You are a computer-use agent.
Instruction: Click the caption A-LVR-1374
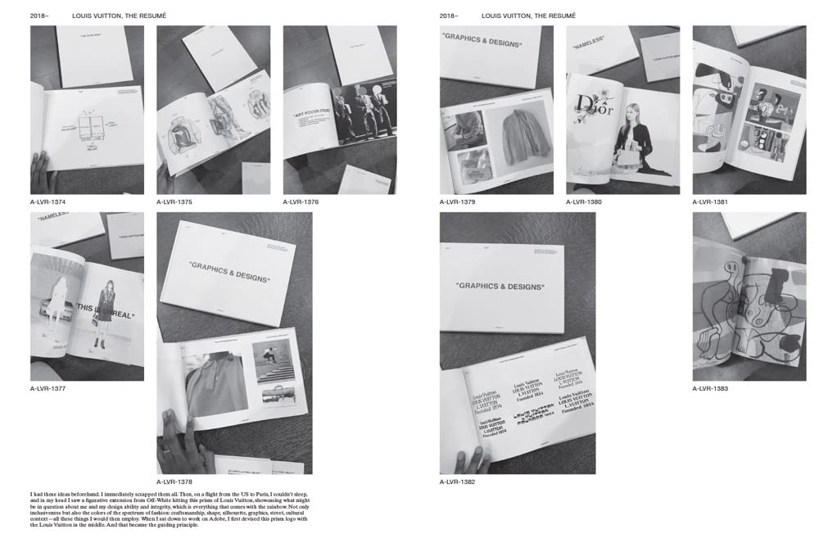pyautogui.click(x=48, y=201)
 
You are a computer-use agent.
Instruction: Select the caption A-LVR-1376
pyautogui.click(x=301, y=201)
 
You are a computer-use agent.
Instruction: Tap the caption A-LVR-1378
pyautogui.click(x=174, y=482)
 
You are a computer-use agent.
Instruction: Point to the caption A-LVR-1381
pyautogui.click(x=710, y=201)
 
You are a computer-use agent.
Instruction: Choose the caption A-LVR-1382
pyautogui.click(x=457, y=482)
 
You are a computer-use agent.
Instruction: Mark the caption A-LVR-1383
pyautogui.click(x=710, y=388)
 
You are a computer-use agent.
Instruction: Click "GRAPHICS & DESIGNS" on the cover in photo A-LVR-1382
pyautogui.click(x=500, y=287)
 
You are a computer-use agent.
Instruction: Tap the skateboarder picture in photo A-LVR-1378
pyautogui.click(x=274, y=360)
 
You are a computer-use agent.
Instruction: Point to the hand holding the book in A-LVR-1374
pyautogui.click(x=41, y=173)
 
